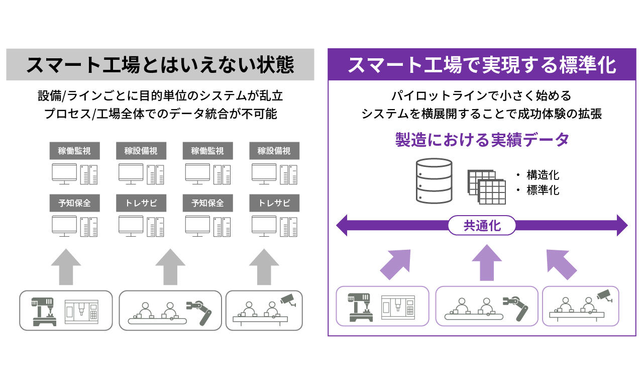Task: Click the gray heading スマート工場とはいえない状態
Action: click(160, 65)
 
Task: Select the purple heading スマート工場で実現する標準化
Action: click(482, 65)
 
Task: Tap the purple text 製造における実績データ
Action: click(482, 140)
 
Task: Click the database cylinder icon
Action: click(434, 181)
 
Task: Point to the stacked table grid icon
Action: click(487, 187)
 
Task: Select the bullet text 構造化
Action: click(543, 175)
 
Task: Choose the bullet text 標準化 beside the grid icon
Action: click(543, 190)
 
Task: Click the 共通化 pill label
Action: click(482, 226)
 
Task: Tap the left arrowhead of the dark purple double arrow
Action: click(342, 226)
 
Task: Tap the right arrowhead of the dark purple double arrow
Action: click(622, 226)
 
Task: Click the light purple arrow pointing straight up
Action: click(487, 262)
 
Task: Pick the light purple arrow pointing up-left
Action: click(561, 264)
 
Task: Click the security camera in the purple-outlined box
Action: click(604, 296)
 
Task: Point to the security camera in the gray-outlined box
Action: click(288, 300)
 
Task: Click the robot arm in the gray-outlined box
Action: click(199, 313)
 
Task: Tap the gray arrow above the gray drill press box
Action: click(66, 267)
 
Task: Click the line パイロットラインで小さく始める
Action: click(481, 95)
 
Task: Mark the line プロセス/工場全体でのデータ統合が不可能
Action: click(160, 114)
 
